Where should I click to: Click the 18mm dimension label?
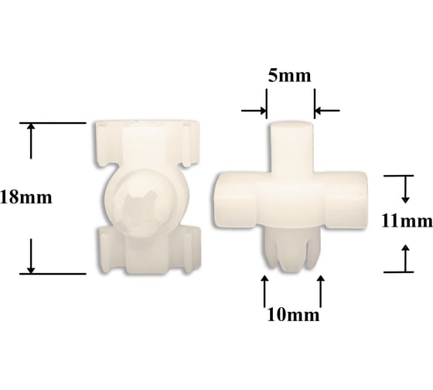(x=26, y=197)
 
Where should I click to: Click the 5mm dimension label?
(x=289, y=76)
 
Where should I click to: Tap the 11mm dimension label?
(x=407, y=221)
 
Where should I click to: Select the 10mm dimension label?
(x=293, y=315)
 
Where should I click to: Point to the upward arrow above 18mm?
(x=31, y=141)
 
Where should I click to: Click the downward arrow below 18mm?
(x=31, y=256)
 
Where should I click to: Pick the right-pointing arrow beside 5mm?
(x=254, y=111)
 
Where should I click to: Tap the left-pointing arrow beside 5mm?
(x=327, y=111)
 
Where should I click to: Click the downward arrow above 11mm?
(x=405, y=190)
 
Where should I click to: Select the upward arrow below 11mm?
(x=405, y=258)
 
